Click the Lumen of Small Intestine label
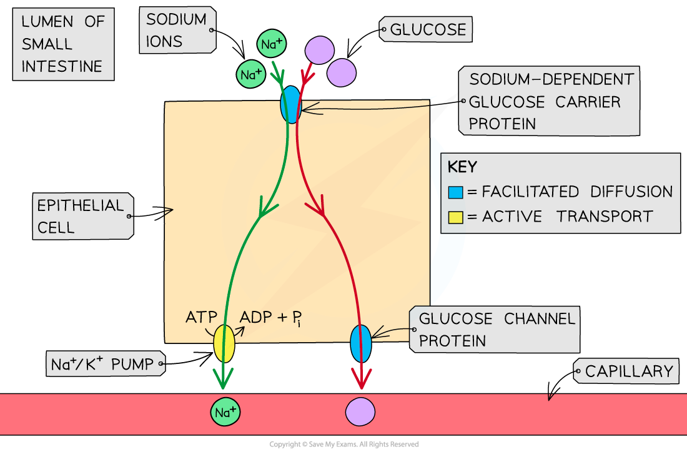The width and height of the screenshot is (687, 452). coord(62,44)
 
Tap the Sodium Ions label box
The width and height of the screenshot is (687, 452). coord(177,30)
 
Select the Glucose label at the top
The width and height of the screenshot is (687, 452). coord(427,29)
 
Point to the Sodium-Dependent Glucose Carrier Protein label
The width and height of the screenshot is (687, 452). coord(550,101)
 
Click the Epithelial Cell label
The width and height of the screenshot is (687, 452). coord(81,216)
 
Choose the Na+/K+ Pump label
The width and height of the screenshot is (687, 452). coord(103,364)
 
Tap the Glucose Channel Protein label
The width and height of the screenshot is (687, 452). coord(496,330)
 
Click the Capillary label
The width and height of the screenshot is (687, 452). coord(628,371)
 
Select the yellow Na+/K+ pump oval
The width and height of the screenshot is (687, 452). coord(224,343)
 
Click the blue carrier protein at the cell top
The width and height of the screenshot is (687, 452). coord(290,105)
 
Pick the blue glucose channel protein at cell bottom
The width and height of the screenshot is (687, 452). coord(361,343)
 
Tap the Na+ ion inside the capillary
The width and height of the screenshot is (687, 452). coord(225,412)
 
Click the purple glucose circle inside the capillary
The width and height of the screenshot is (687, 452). coord(360,412)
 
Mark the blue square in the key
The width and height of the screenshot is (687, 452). coord(456,192)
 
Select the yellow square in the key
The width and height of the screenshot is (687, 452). coord(456,217)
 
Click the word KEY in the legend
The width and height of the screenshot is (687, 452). coord(462,167)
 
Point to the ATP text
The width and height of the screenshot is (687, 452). coord(201,317)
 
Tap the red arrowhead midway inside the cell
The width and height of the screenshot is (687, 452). coord(320,209)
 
